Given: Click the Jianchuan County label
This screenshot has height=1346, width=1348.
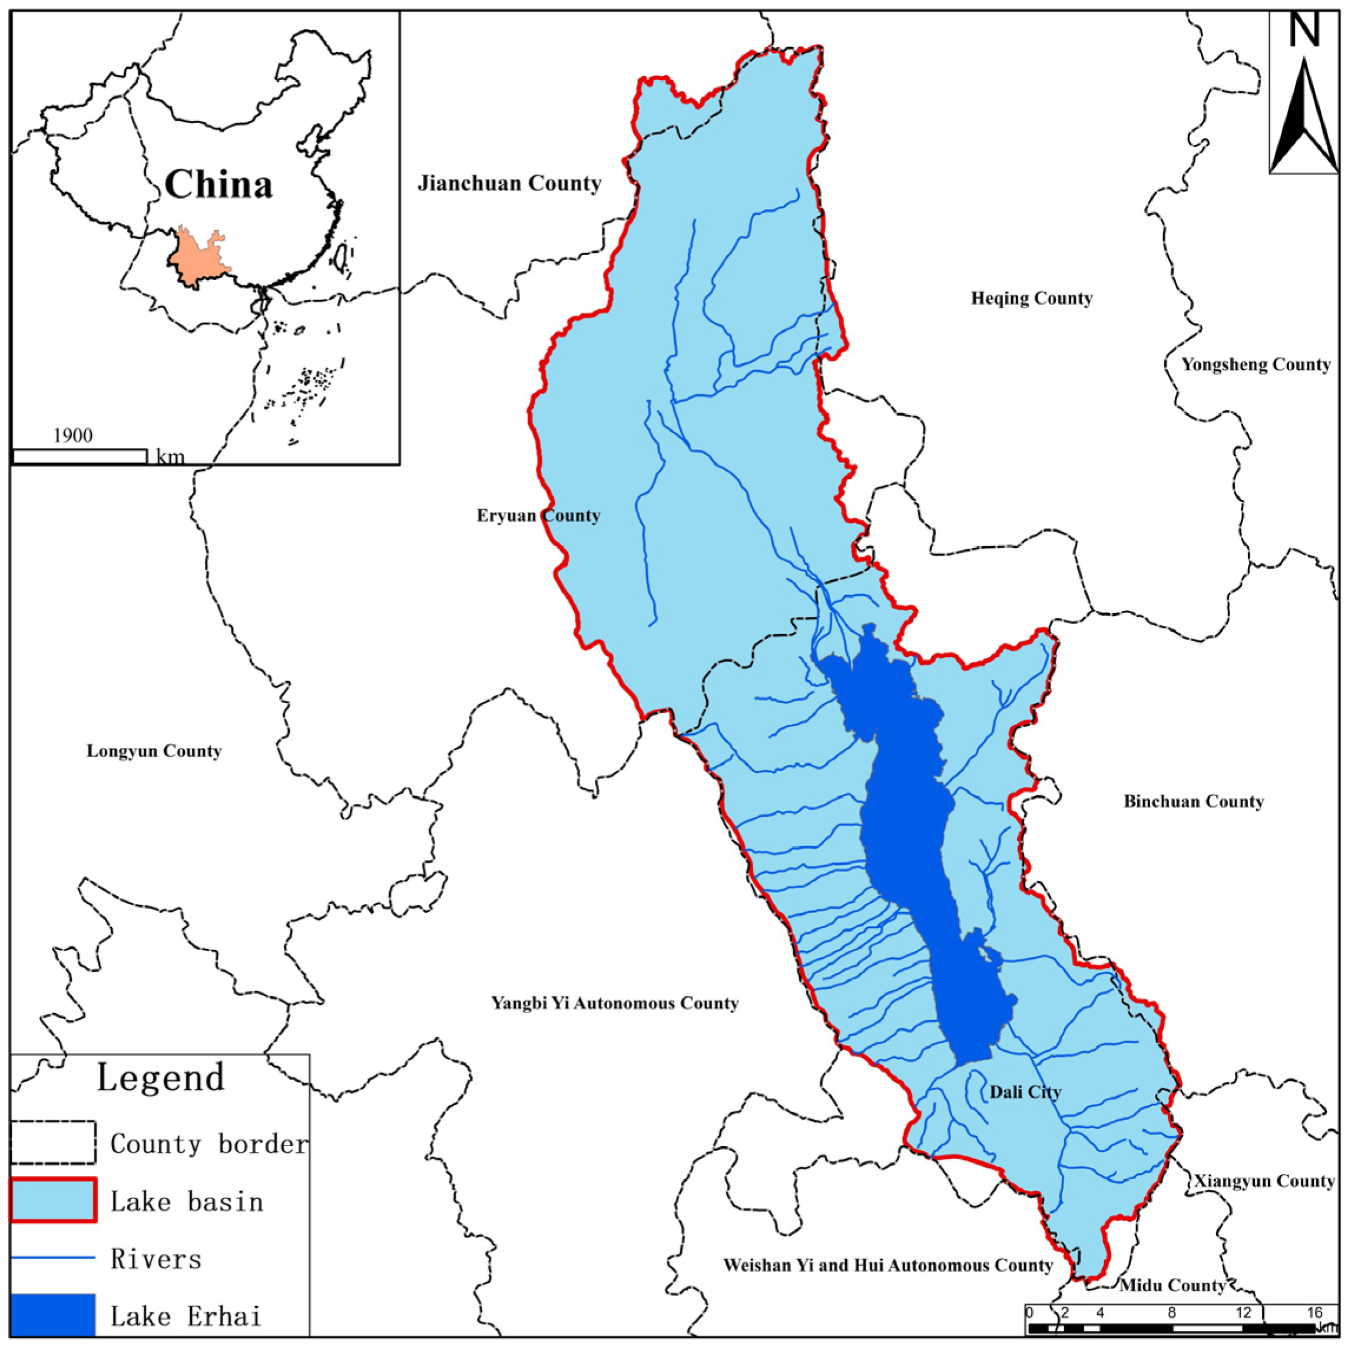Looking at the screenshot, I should click(509, 184).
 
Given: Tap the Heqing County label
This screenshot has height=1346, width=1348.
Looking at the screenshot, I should click(1031, 299).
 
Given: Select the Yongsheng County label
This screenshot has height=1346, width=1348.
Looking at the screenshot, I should click(1255, 364).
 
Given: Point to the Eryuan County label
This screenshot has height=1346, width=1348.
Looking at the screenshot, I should click(538, 516).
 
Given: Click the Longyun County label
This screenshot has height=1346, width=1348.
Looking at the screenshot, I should click(154, 751).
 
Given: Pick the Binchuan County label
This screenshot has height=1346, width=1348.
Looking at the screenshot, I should click(1193, 801).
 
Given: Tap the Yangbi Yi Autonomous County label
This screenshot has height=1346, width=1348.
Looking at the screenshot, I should click(615, 1003).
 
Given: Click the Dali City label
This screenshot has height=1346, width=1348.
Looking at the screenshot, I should click(1024, 1092).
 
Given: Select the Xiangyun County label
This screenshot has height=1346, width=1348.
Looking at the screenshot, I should click(1264, 1181).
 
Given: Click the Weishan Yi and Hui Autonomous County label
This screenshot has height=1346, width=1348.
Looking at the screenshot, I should click(887, 1266).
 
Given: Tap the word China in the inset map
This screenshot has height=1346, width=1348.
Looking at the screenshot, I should click(218, 185).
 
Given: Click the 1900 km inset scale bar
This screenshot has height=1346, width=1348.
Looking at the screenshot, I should click(80, 457).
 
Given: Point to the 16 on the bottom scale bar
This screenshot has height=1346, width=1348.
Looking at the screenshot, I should click(1314, 1313).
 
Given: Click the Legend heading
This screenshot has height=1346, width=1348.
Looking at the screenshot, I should click(160, 1077).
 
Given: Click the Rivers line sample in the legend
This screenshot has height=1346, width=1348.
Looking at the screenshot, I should click(53, 1258).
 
